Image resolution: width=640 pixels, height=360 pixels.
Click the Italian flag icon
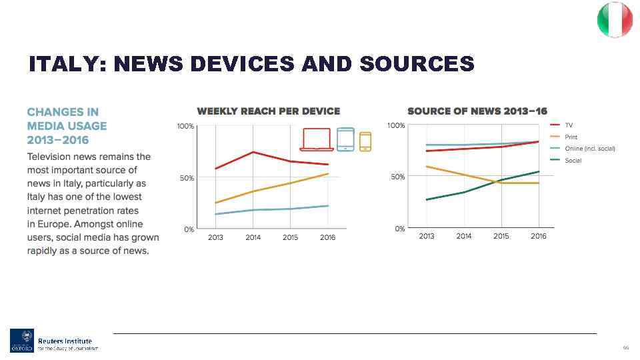click(x=614, y=19)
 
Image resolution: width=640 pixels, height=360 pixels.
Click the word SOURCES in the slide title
click(x=416, y=64)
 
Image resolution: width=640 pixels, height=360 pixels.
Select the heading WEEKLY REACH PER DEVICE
click(x=268, y=111)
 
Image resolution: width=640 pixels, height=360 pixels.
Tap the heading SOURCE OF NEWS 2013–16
click(x=477, y=111)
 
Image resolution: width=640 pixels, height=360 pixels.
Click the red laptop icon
click(x=317, y=139)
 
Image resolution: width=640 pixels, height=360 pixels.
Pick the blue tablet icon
click(x=345, y=139)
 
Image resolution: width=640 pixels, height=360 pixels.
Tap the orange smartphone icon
click(x=365, y=141)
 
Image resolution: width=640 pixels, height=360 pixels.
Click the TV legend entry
click(x=569, y=125)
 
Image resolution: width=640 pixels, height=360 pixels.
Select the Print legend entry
click(x=571, y=137)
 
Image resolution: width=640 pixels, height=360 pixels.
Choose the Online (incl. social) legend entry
click(x=589, y=148)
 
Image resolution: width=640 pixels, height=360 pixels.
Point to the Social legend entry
click(x=573, y=160)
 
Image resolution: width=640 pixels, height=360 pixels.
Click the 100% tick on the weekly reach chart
click(x=185, y=126)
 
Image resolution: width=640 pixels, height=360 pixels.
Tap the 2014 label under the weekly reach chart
click(x=253, y=237)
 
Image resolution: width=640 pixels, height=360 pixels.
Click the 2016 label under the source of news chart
click(x=538, y=237)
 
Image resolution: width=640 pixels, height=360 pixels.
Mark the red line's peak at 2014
click(x=253, y=152)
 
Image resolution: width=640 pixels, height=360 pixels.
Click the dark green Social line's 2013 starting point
click(x=427, y=199)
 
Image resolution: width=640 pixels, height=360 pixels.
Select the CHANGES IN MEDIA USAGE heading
click(x=67, y=125)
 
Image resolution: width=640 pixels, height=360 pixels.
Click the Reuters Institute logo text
click(x=65, y=341)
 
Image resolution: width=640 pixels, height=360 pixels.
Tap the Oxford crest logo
click(x=21, y=340)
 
